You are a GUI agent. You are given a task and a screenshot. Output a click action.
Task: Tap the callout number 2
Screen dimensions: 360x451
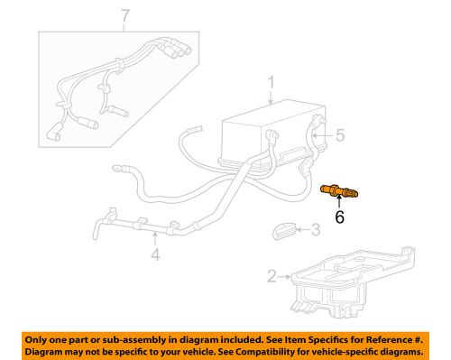click(x=272, y=276)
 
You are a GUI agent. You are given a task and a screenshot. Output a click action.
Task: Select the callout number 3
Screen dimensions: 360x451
click(x=315, y=231)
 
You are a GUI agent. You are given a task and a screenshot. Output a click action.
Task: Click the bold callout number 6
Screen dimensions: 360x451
click(x=340, y=217)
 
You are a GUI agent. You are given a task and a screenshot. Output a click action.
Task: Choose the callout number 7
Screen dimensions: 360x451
click(x=125, y=15)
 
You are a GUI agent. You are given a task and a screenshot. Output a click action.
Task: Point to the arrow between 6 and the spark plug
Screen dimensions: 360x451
click(x=340, y=203)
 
